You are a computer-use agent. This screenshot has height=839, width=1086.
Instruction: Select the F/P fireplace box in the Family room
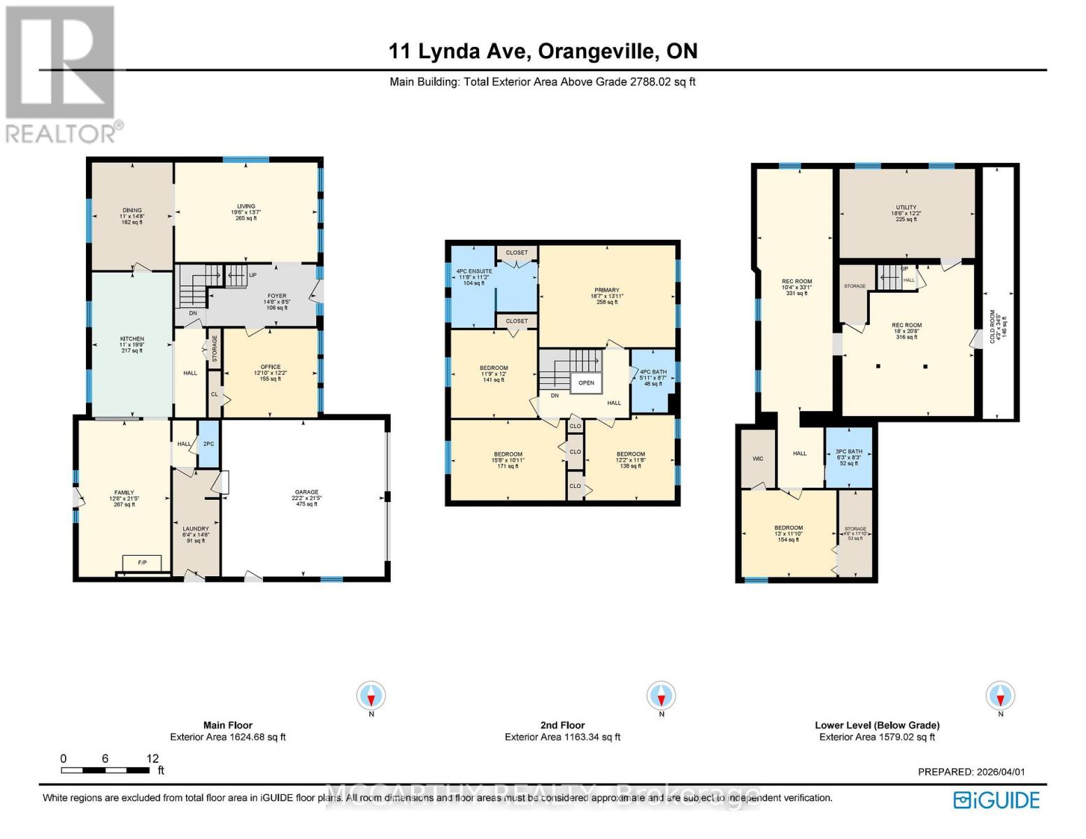pos(142,563)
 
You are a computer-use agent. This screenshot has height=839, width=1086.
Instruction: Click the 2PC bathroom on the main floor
pos(208,444)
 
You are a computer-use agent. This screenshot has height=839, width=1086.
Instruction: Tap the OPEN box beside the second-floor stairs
pos(586,383)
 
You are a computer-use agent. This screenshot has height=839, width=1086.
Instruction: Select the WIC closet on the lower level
pos(758,459)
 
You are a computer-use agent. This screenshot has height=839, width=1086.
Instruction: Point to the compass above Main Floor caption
pos(371,696)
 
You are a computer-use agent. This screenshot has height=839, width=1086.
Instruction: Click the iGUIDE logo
pos(997,800)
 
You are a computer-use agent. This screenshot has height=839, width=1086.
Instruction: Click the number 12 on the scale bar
pos(152,759)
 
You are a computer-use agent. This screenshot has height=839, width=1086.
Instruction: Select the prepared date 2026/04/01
pos(999,772)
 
